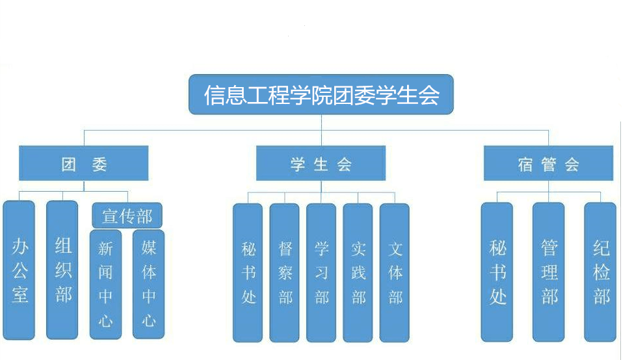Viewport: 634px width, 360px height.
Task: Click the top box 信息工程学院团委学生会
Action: [x=321, y=95]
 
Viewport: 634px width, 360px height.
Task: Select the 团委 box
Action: [x=84, y=164]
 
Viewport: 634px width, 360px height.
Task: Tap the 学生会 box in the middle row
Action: [x=321, y=164]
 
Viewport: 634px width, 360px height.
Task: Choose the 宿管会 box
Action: [x=548, y=164]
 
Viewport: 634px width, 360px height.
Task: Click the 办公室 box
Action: [x=20, y=270]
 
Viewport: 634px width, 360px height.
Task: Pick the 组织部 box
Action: [x=62, y=270]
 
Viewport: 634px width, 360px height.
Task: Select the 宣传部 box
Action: [x=127, y=215]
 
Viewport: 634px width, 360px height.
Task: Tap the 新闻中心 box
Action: [x=105, y=284]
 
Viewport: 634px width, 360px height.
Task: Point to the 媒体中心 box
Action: [x=148, y=284]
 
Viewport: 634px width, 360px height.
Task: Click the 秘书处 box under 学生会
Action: [x=248, y=273]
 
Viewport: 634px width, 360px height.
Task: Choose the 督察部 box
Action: [x=285, y=273]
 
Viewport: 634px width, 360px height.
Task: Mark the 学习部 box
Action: [x=321, y=273]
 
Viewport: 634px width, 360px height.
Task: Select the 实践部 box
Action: [x=358, y=273]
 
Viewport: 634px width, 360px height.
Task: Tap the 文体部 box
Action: [x=395, y=273]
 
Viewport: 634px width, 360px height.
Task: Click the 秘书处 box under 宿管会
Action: [x=497, y=272]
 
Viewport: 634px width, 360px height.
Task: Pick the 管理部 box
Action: [x=549, y=272]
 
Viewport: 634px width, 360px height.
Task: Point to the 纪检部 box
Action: [x=600, y=272]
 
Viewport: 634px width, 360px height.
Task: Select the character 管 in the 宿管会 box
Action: [x=548, y=164]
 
